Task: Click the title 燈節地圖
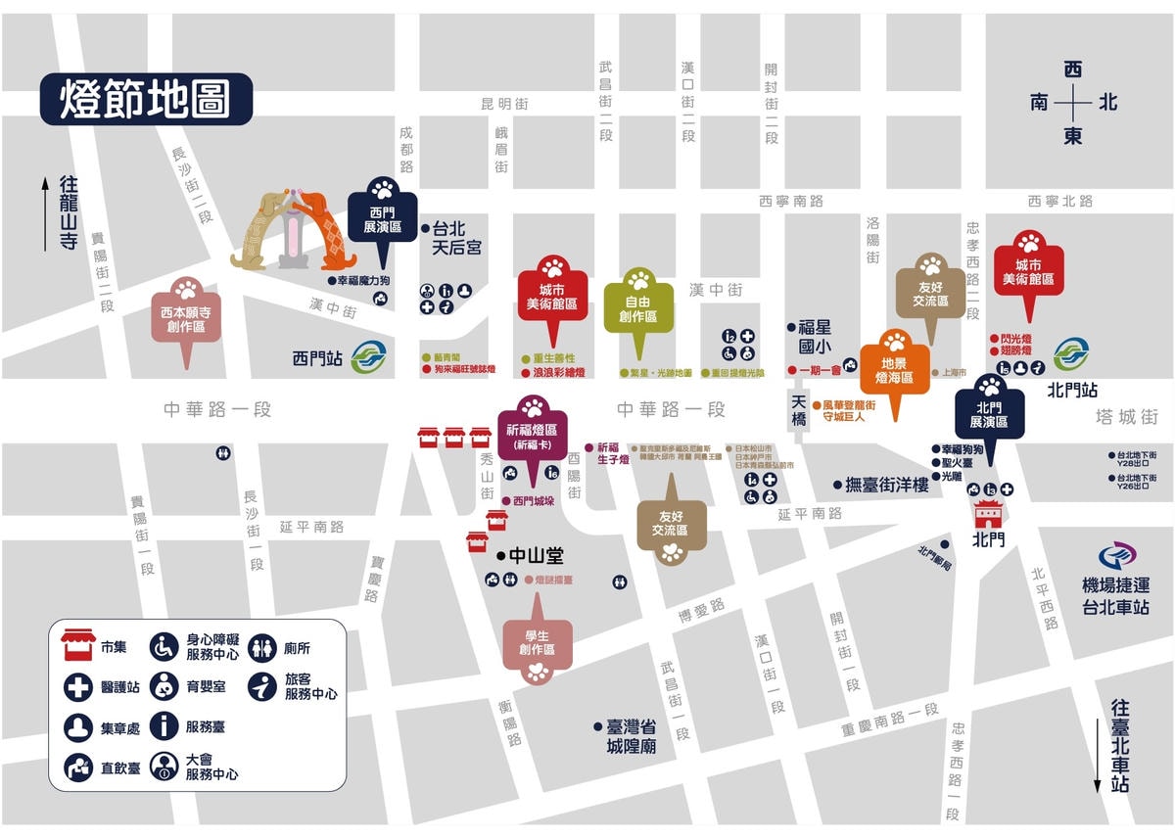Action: point(145,99)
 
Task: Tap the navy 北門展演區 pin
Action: point(989,411)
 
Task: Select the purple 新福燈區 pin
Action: point(532,430)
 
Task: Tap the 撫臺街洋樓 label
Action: point(886,484)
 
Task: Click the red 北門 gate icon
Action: point(989,514)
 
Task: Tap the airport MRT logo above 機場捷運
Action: point(1116,556)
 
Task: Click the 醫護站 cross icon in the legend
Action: point(78,686)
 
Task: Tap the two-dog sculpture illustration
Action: point(294,230)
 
